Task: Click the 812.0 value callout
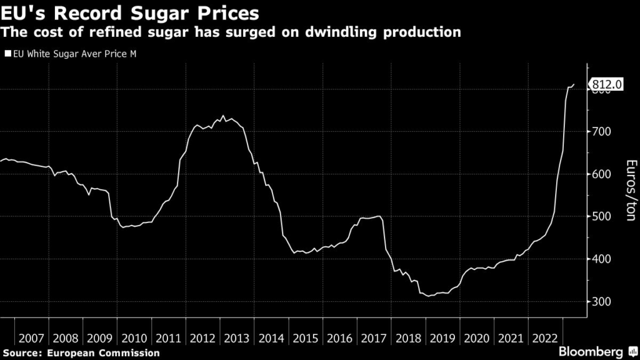tap(606, 85)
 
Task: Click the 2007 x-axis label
tap(31, 338)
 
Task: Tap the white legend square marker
tap(7, 54)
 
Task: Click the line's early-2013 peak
tap(224, 116)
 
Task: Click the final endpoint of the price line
tap(574, 84)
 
